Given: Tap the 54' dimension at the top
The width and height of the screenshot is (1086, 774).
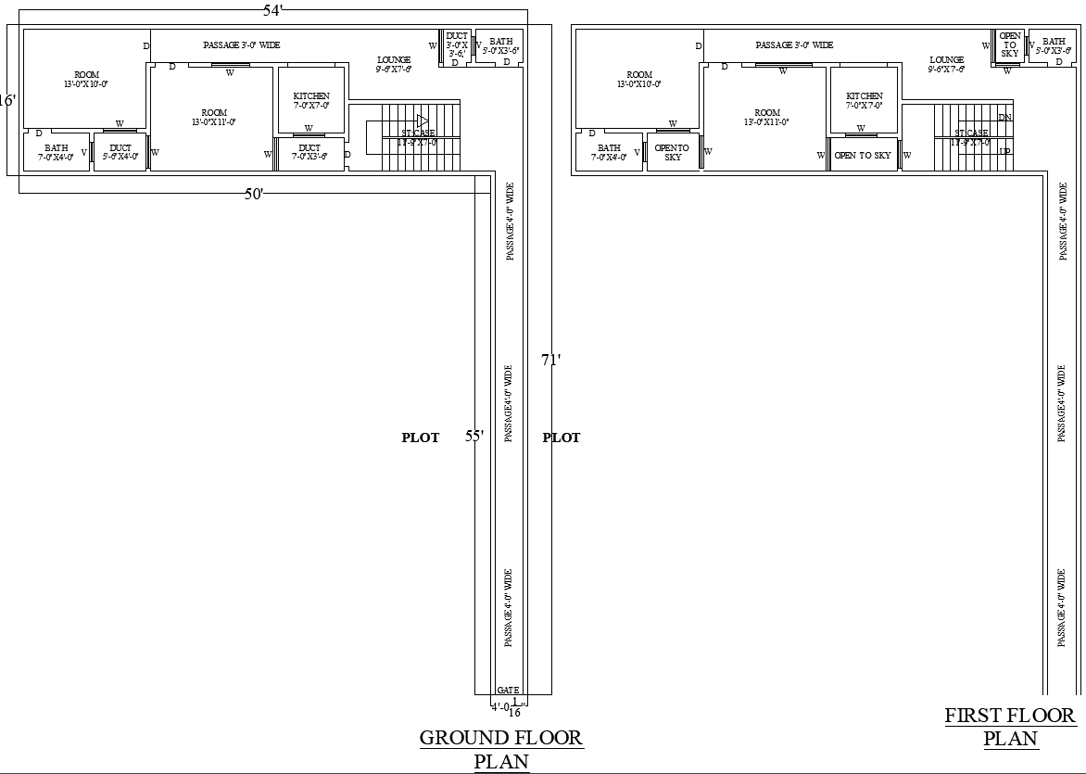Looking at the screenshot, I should [x=274, y=10].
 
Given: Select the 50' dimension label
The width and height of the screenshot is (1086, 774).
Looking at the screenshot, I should [x=254, y=193].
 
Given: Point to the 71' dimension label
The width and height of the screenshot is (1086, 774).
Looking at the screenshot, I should [x=551, y=361].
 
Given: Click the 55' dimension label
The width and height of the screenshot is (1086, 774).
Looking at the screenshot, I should [x=474, y=437].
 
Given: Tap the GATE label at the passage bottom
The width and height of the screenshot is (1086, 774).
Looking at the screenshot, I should [x=508, y=690].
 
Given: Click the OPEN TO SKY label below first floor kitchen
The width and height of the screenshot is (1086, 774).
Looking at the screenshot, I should [x=863, y=156].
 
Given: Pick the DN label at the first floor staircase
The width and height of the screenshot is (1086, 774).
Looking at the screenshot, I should [x=1005, y=118].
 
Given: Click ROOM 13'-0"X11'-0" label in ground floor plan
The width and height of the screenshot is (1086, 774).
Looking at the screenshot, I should [x=214, y=117].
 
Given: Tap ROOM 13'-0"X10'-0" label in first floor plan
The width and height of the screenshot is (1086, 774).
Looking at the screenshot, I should [x=639, y=79].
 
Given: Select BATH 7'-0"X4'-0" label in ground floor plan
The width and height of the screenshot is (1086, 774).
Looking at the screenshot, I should [x=56, y=152].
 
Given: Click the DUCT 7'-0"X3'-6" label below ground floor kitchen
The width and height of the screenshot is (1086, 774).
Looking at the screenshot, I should [x=310, y=152].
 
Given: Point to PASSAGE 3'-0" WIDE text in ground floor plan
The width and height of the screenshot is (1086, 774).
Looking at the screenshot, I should [x=242, y=44].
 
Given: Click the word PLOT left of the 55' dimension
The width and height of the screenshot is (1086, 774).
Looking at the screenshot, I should [x=420, y=438].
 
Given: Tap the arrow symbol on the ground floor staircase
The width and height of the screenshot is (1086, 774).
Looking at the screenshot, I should [x=422, y=121].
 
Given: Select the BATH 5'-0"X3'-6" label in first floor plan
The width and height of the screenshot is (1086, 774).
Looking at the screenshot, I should [x=1054, y=46].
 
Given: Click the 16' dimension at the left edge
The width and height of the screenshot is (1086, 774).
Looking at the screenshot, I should [x=7, y=100].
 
